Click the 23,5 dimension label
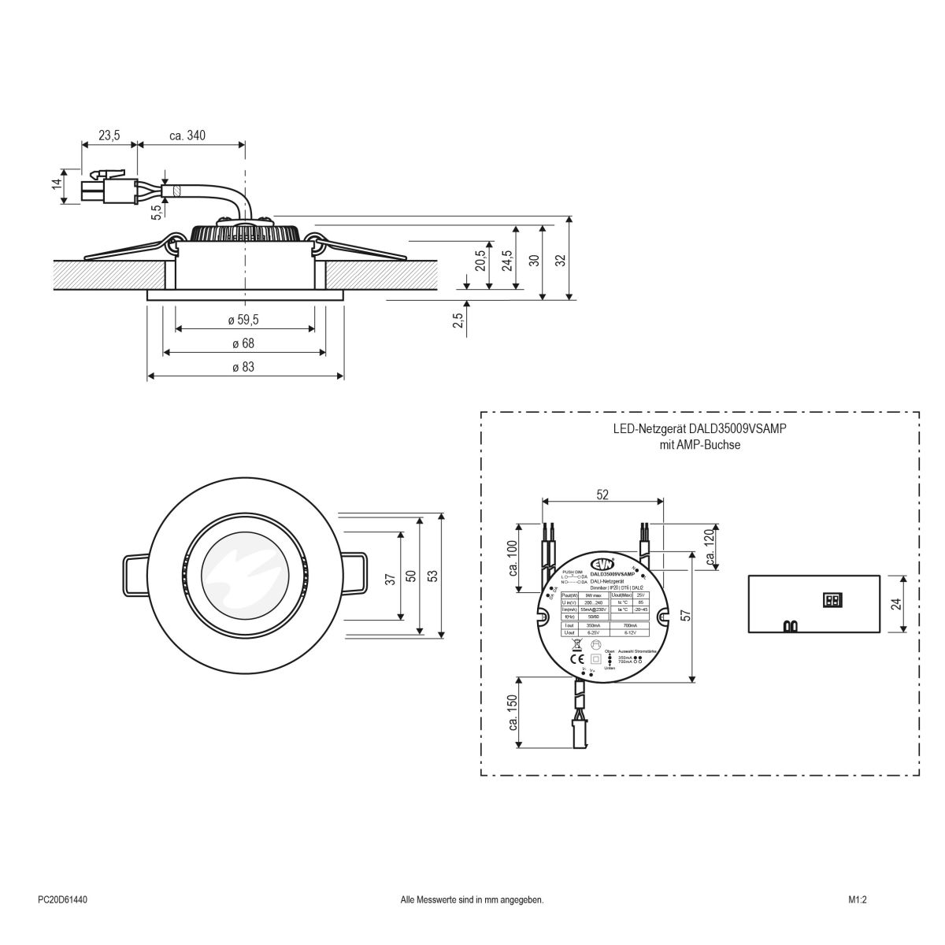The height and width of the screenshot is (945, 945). pyautogui.click(x=109, y=135)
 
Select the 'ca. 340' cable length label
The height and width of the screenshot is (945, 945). pyautogui.click(x=187, y=135)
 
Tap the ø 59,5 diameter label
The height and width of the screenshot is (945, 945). pyautogui.click(x=243, y=320)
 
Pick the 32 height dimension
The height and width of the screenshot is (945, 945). pyautogui.click(x=560, y=260)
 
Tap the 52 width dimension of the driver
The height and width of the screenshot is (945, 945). pyautogui.click(x=602, y=494)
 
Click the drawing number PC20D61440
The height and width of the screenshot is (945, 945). pyautogui.click(x=62, y=899)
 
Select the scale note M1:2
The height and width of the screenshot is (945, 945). pyautogui.click(x=858, y=899)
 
